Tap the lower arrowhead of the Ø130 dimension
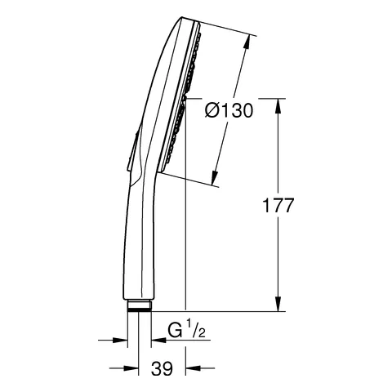pos(214,179)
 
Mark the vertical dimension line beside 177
pos(280,245)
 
